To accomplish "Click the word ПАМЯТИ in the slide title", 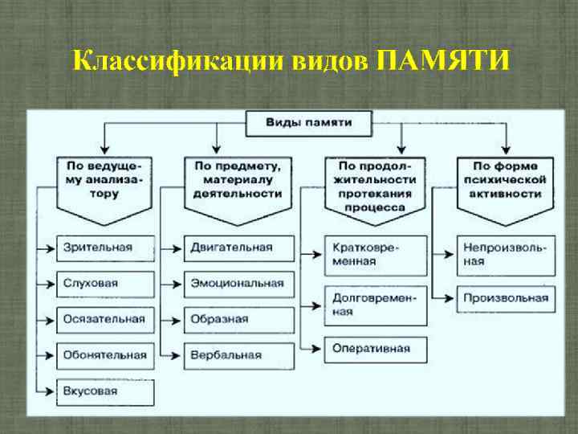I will coord(442,61).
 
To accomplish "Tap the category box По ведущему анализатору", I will coord(104,182).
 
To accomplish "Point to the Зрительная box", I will coord(104,248).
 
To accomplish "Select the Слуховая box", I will coord(104,284).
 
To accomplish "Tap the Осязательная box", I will coord(104,319).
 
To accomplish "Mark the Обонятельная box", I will coord(104,355).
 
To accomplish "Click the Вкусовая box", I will coord(104,391).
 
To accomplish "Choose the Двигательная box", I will coord(236,248).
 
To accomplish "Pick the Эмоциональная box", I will coord(236,284).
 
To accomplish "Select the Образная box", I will coord(236,319).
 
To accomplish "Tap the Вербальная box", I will coord(236,355).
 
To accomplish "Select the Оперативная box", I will coord(376,349).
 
